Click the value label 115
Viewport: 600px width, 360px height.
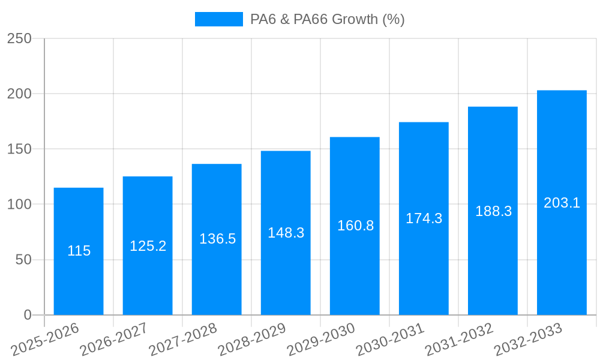[x=79, y=251]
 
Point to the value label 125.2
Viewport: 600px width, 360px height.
[x=148, y=246]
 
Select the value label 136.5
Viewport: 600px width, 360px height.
[x=217, y=239]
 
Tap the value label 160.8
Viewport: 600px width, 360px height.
[x=355, y=226]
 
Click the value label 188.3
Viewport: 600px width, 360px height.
[x=493, y=211]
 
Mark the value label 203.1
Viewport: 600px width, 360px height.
[x=562, y=203]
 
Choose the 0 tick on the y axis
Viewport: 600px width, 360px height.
[x=27, y=315]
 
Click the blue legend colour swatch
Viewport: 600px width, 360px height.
[x=218, y=19]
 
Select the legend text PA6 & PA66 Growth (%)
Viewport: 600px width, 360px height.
[x=327, y=19]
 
